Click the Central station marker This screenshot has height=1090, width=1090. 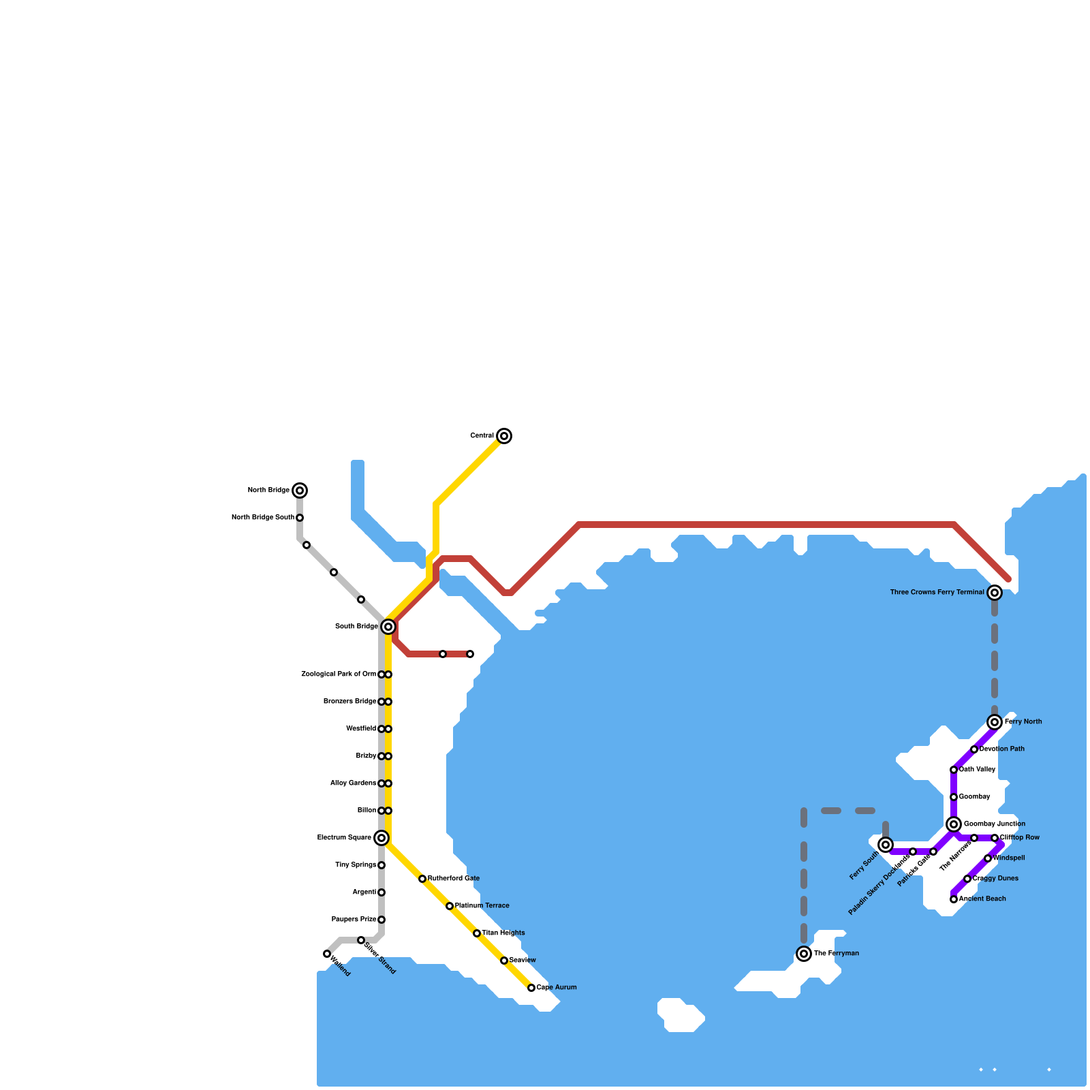coord(504,436)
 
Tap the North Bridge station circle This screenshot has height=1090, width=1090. coord(300,490)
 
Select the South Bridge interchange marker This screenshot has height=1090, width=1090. coord(388,627)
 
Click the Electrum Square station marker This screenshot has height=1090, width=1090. coord(381,838)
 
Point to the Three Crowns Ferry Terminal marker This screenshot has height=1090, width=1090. coord(995,593)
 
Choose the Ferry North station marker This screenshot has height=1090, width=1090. coord(995,722)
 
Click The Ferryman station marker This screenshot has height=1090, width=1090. coord(804,954)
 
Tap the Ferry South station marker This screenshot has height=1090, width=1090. coord(886,845)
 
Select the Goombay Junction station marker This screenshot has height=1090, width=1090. coord(954,824)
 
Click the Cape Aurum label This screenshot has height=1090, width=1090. coord(557,988)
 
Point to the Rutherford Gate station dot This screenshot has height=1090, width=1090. coord(422,879)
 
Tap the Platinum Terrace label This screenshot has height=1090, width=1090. coord(482,906)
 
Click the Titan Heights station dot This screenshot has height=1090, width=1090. coord(477,933)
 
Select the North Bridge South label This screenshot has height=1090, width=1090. coord(263,518)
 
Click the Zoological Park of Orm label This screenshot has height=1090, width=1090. coord(339,674)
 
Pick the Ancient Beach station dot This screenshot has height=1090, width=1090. coord(954,899)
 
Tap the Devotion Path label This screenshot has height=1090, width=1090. coord(1002,749)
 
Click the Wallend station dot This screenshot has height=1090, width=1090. coord(327,954)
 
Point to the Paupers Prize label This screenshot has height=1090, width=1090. coord(354,920)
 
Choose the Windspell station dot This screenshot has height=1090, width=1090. coord(988,858)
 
